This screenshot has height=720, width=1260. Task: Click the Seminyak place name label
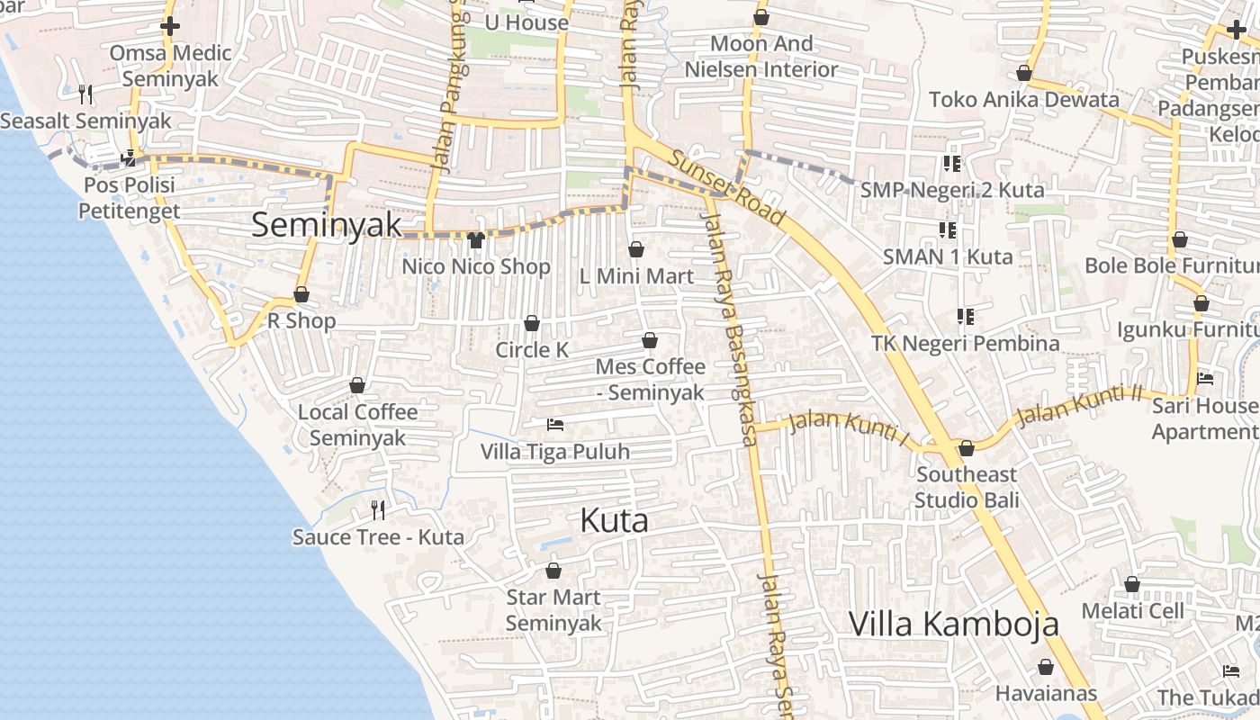pyautogui.click(x=326, y=225)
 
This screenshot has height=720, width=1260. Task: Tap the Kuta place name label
pyautogui.click(x=615, y=520)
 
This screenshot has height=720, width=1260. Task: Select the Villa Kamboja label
pyautogui.click(x=953, y=624)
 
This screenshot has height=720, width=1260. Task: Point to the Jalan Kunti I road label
pyautogui.click(x=850, y=427)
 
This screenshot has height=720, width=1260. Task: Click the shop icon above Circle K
pyautogui.click(x=532, y=323)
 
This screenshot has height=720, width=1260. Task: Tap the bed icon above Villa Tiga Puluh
pyautogui.click(x=555, y=424)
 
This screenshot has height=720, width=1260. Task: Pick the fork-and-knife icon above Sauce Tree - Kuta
pyautogui.click(x=378, y=510)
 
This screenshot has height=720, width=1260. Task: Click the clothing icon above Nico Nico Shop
pyautogui.click(x=476, y=239)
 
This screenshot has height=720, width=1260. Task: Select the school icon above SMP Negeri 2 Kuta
pyautogui.click(x=951, y=163)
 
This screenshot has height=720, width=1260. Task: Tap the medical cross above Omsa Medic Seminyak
pyautogui.click(x=170, y=26)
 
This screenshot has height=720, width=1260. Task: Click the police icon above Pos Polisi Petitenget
pyautogui.click(x=129, y=158)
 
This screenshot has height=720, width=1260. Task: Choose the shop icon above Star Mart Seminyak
pyautogui.click(x=553, y=571)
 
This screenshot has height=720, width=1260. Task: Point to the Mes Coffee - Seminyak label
pyautogui.click(x=651, y=380)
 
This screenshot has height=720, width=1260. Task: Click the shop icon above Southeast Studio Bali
pyautogui.click(x=967, y=447)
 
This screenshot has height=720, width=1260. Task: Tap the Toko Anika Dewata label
pyautogui.click(x=1023, y=99)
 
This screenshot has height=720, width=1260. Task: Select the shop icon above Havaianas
pyautogui.click(x=1046, y=667)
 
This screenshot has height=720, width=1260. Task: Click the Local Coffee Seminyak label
pyautogui.click(x=357, y=425)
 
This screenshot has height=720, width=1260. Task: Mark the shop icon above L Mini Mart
pyautogui.click(x=636, y=249)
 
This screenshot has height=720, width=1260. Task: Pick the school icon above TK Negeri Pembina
pyautogui.click(x=966, y=316)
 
